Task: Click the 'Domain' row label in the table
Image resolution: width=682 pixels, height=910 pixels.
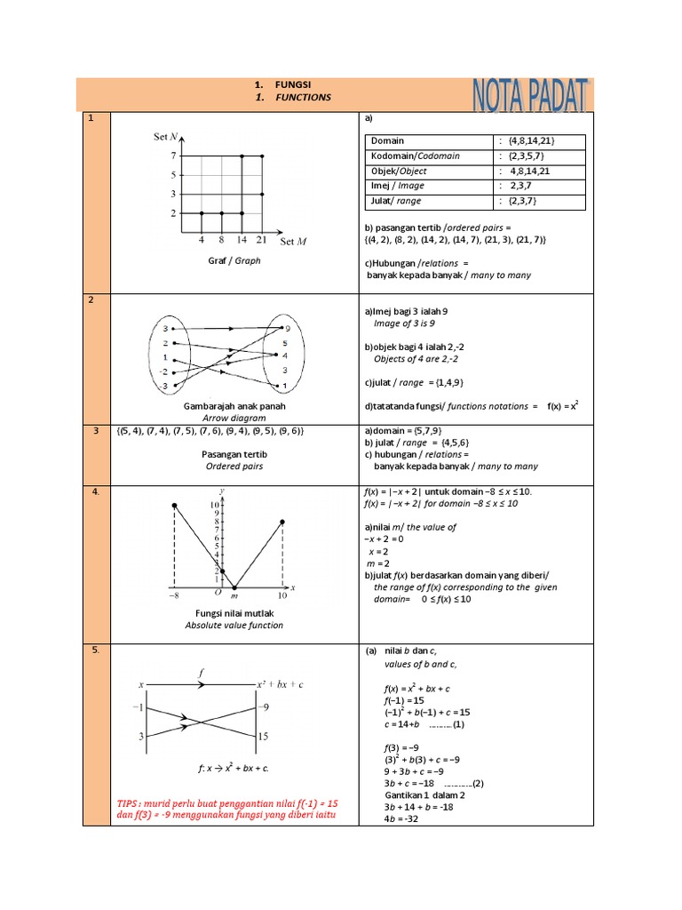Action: pyautogui.click(x=388, y=141)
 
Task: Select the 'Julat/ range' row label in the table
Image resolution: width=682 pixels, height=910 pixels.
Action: pyautogui.click(x=397, y=202)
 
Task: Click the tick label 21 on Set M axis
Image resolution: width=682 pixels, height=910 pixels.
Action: pyautogui.click(x=261, y=240)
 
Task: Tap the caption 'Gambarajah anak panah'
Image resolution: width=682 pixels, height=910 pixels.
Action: pyautogui.click(x=234, y=406)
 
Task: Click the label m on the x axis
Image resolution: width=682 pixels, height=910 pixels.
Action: pyautogui.click(x=234, y=595)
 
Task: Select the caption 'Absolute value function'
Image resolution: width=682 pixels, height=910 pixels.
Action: pyautogui.click(x=234, y=625)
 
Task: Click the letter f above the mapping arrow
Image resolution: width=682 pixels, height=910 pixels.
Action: pyautogui.click(x=201, y=673)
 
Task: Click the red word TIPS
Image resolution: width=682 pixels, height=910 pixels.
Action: pyautogui.click(x=131, y=803)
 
